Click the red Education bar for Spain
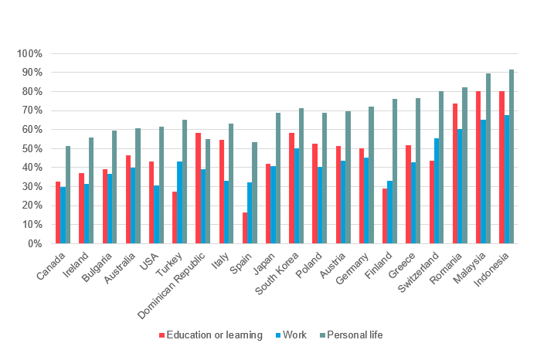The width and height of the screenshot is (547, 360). click(x=245, y=228)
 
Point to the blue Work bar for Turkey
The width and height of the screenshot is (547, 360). click(x=180, y=202)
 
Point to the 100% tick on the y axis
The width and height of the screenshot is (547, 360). click(x=29, y=54)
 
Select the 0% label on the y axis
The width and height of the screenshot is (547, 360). click(x=33, y=243)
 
